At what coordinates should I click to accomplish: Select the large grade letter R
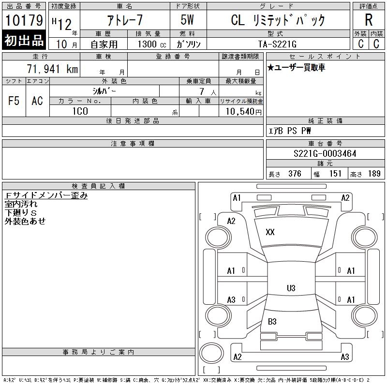(x=369, y=20)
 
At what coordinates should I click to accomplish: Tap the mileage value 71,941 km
(x=53, y=69)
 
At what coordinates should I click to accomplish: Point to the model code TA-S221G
(x=274, y=43)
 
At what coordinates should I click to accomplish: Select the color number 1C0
(x=80, y=112)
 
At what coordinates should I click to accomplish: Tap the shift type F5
(x=14, y=101)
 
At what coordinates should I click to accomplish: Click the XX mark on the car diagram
(x=270, y=232)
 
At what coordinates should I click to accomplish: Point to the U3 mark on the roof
(x=291, y=288)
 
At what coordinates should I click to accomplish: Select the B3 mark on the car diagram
(x=272, y=321)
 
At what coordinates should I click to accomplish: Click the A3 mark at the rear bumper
(x=345, y=357)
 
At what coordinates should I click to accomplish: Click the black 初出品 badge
(x=24, y=41)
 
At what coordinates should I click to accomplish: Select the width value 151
(x=335, y=174)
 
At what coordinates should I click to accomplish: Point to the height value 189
(x=374, y=174)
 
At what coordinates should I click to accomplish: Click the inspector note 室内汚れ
(x=21, y=204)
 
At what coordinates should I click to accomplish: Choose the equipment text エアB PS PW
(x=290, y=131)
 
